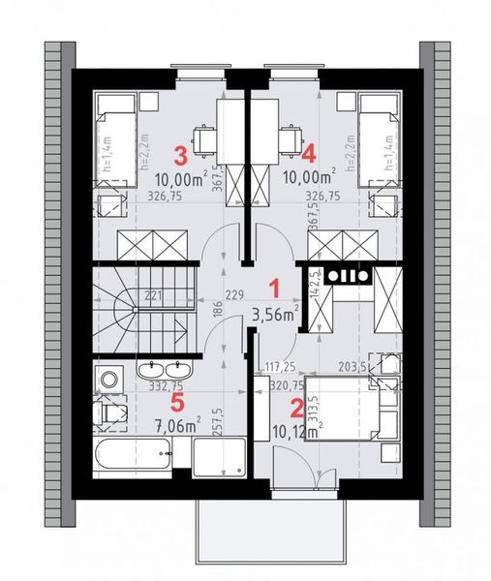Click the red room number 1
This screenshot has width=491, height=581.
coord(273,288)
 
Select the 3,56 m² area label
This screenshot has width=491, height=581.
coord(274,313)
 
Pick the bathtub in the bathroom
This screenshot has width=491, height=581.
coord(135,455)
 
